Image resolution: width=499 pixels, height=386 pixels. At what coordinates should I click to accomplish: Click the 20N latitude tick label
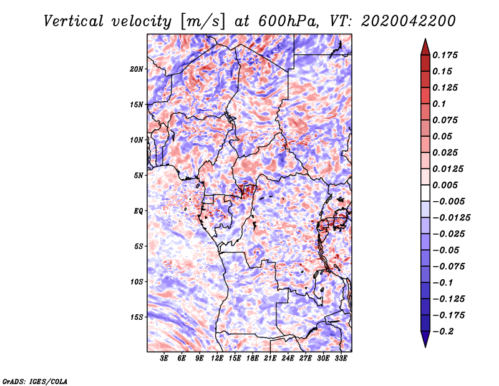pos(137,69)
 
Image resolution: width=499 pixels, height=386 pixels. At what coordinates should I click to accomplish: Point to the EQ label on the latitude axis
pos(138,210)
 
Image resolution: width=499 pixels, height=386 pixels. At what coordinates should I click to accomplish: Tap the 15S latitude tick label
pos(137,317)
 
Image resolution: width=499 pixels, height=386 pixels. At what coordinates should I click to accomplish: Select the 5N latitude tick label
pos(138,176)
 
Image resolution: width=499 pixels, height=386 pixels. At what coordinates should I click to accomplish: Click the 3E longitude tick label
pos(165,359)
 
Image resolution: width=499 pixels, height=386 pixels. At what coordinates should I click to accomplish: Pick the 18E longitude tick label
pos(253,359)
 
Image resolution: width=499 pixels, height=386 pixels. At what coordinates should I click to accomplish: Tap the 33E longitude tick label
pos(341,359)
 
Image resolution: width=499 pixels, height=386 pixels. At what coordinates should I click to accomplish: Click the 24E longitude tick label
pos(288,359)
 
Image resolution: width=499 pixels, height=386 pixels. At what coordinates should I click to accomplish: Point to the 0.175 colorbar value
pos(446,55)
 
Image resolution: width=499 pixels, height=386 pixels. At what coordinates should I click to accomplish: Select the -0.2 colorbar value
pos(443,331)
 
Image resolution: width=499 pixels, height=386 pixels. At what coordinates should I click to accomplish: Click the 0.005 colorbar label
pos(446,185)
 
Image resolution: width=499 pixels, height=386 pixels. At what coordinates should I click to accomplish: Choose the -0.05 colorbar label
pos(445,250)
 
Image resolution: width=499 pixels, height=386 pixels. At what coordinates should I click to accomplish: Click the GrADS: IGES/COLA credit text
pos(35,380)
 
